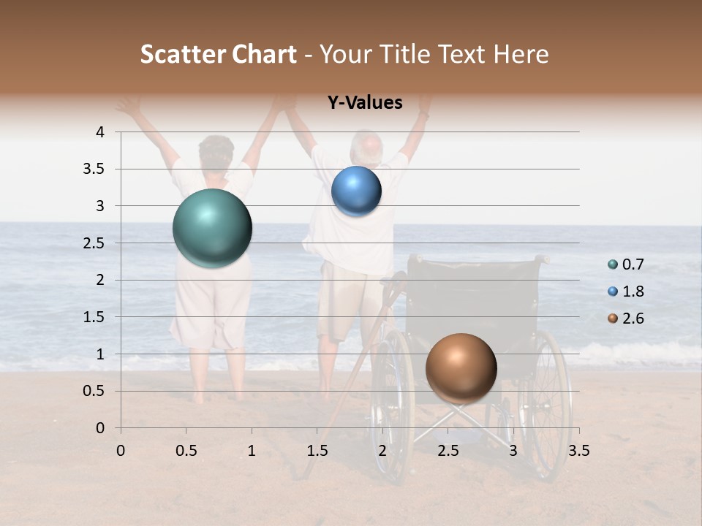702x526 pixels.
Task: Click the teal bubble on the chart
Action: [x=213, y=228]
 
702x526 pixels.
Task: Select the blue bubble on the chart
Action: [x=356, y=191]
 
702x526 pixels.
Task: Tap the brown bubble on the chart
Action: [x=461, y=368]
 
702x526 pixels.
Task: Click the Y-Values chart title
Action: [x=365, y=103]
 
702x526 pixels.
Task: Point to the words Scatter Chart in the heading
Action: [x=218, y=54]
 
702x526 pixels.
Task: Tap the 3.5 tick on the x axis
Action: [x=578, y=451]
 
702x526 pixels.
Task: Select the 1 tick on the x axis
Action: [x=252, y=451]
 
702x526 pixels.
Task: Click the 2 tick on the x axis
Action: [x=382, y=451]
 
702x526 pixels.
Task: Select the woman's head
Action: [x=216, y=153]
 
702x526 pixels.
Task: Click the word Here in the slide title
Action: [x=521, y=54]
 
